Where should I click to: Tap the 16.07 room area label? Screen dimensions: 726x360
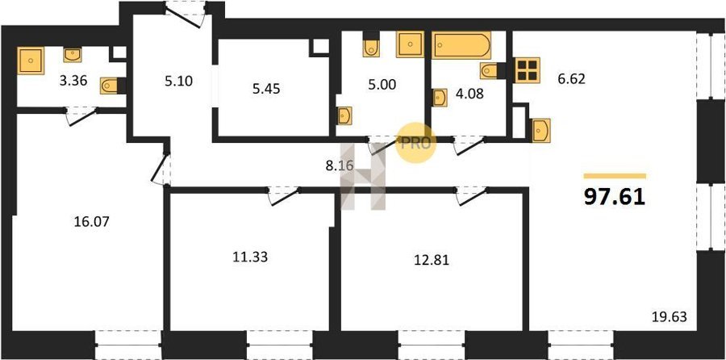pos(91,222)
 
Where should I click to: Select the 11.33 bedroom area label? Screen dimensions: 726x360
pos(250,257)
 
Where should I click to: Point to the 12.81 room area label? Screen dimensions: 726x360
pos(431,260)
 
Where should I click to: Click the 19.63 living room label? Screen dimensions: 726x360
pos(670,317)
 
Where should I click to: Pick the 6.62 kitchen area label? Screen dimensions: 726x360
pos(572,79)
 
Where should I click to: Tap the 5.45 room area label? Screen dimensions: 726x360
pos(266,89)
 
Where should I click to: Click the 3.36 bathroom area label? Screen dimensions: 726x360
pos(73,81)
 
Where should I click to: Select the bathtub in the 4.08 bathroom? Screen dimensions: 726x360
pos(461,45)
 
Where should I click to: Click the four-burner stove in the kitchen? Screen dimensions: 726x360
pos(527,70)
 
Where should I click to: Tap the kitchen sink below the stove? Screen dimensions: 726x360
pos(540,130)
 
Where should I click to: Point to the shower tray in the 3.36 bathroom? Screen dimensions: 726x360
pos(31,61)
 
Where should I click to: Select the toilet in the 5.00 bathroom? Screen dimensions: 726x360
pos(371,44)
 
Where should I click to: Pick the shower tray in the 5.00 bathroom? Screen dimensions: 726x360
pos(411,44)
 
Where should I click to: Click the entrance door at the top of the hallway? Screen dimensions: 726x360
pos(186,15)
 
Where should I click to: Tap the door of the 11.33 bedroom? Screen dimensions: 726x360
pos(284,195)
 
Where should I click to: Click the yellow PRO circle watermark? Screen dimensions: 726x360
pos(416,143)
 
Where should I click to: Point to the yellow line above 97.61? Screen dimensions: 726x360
pos(615,176)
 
